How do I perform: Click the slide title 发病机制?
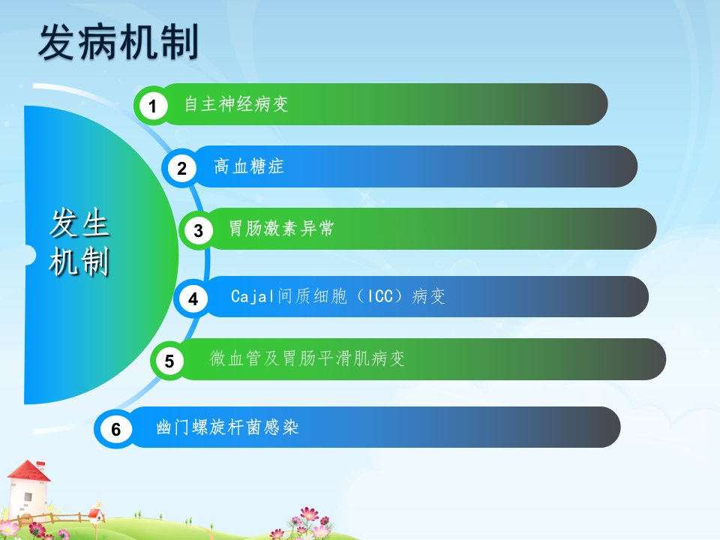coord(118,42)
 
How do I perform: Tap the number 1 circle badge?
coord(153,106)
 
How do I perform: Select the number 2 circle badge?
coord(181,169)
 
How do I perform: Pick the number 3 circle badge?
coord(198,230)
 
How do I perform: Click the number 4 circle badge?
coord(193,299)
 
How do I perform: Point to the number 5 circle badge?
coord(169,361)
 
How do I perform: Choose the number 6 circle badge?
coord(115,429)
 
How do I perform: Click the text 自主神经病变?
coord(236,103)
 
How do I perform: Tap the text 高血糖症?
coord(249,166)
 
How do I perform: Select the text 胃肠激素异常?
coord(281,228)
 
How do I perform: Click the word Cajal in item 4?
coord(252,297)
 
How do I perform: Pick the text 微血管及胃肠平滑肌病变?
coord(307,358)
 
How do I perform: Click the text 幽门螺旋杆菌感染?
coord(227,427)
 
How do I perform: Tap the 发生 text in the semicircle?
coord(79,223)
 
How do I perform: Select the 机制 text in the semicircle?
coord(79,261)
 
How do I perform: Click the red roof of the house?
coord(28,471)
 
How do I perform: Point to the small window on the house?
coord(28,496)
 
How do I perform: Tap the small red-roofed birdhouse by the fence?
coord(95,515)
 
